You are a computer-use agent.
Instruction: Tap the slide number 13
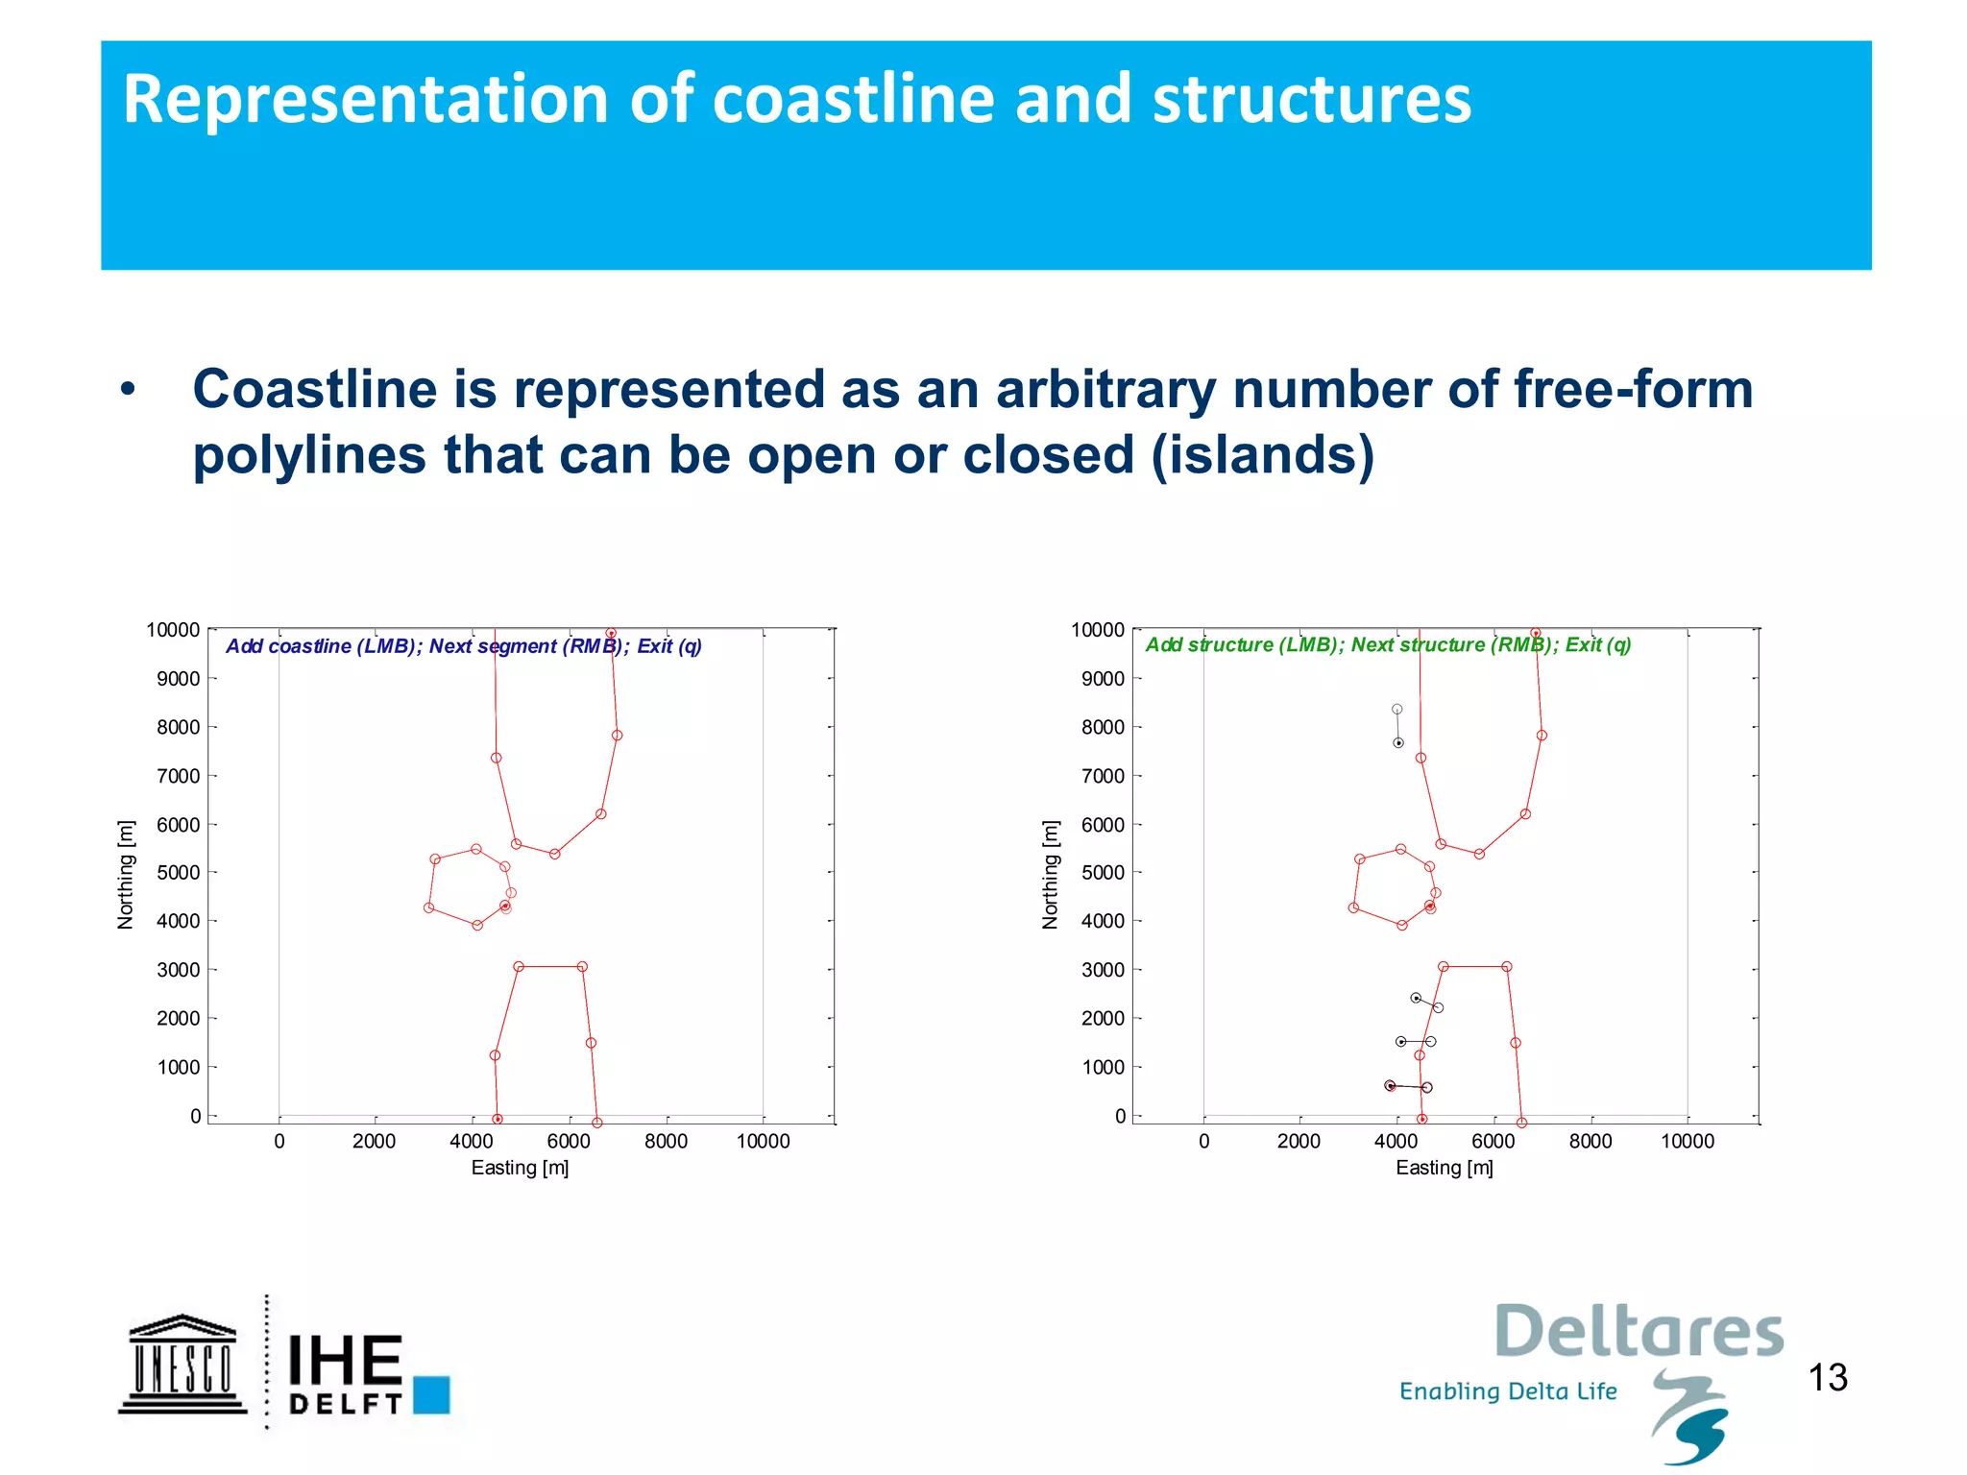pos(1828,1378)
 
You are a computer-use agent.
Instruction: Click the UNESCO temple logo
pos(182,1364)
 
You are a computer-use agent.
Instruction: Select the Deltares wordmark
pos(1639,1332)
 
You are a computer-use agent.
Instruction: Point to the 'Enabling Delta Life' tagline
pos(1508,1391)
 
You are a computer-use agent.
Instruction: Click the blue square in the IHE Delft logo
pos(431,1394)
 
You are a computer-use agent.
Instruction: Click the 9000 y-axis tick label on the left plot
pos(179,679)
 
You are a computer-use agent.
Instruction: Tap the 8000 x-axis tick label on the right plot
pos(1591,1141)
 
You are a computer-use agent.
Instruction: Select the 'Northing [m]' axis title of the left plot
pos(125,875)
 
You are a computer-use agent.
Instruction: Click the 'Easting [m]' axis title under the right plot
pos(1444,1168)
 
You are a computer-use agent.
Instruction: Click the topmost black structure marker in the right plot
pos(1397,710)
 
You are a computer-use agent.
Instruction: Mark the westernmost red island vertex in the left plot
pos(429,907)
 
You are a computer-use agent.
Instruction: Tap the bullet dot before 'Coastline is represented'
pos(128,390)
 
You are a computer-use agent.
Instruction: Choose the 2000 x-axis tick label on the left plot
pos(374,1141)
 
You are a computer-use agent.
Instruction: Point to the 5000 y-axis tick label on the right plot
pos(1104,873)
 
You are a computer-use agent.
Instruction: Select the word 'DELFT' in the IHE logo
pos(345,1404)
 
